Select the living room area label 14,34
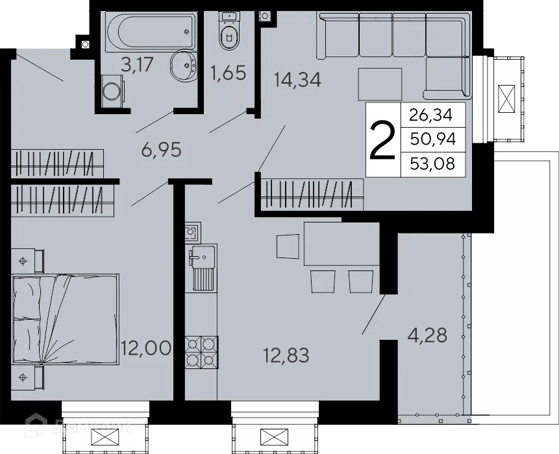[298, 80]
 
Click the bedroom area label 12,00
[145, 349]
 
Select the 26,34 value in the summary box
[433, 116]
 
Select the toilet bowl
[229, 36]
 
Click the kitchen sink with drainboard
[203, 269]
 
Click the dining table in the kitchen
[339, 243]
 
